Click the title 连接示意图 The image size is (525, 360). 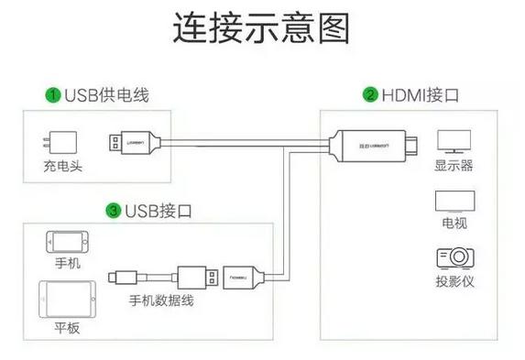[262, 28]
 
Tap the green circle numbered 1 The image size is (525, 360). [54, 94]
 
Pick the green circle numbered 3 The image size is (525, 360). [114, 211]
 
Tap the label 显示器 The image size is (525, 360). [454, 167]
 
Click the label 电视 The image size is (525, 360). [454, 223]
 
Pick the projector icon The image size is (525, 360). [454, 257]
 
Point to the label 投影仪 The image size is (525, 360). [454, 282]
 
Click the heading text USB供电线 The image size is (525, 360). [106, 94]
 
